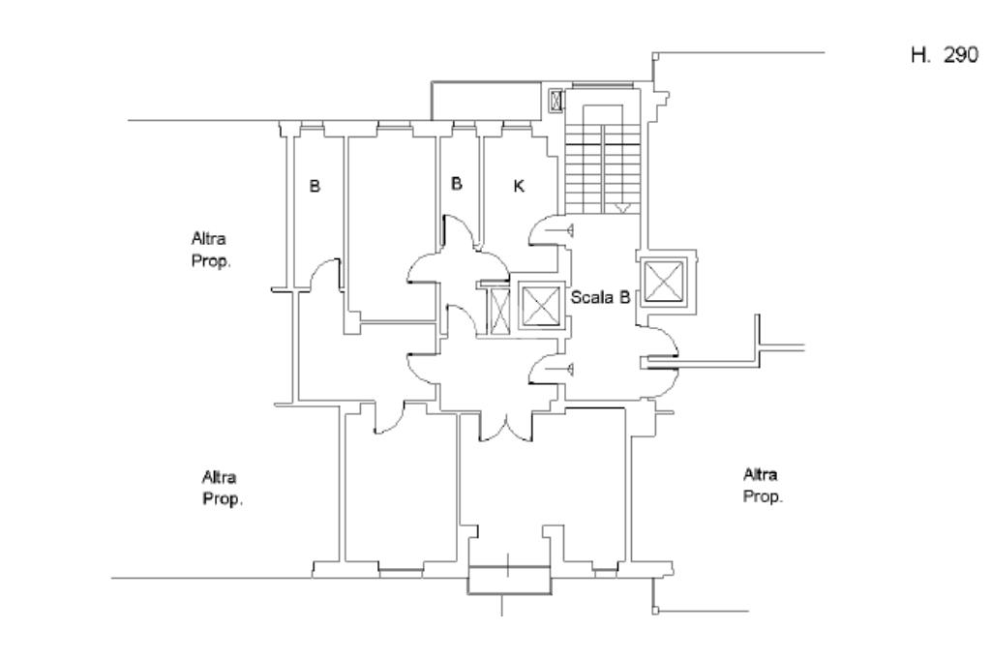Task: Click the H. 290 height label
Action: coord(945,55)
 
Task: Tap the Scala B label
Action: coord(600,297)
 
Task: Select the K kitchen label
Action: coord(519,186)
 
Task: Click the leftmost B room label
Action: coord(315,186)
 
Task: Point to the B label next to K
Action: coord(457,183)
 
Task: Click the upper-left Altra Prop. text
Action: coord(210,250)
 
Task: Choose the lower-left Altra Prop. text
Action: coord(222,488)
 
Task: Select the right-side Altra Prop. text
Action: coord(763,486)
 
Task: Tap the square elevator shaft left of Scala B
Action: coord(541,306)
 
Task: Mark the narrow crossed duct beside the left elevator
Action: coord(500,311)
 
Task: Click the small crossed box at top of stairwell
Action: coord(556,101)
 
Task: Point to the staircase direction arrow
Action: coord(622,208)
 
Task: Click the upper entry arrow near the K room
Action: coord(560,230)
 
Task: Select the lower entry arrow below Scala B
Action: coord(560,369)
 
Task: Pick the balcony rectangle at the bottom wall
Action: coord(509,581)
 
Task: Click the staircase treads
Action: coord(602,168)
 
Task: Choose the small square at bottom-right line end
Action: coord(656,611)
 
